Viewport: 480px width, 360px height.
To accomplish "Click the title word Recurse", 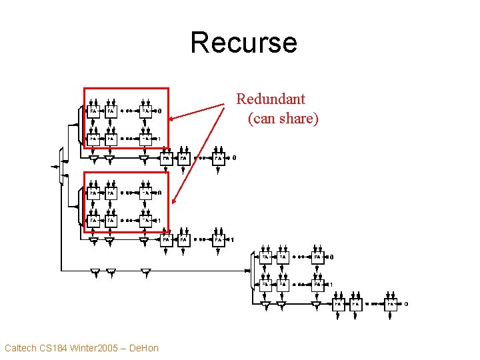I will [x=243, y=42].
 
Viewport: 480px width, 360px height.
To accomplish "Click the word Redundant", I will [x=271, y=99].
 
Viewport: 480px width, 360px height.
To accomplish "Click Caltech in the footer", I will [x=21, y=347].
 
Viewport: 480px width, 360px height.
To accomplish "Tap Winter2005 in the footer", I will [x=100, y=347].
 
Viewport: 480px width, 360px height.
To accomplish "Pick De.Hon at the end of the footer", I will [x=144, y=347].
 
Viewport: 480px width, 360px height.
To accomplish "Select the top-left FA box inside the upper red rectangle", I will [x=94, y=110].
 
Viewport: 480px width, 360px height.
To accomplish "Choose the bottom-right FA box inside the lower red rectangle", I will [x=145, y=220].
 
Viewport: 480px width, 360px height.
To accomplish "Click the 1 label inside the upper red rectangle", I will [x=158, y=139].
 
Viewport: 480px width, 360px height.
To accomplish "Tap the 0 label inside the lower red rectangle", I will [x=158, y=193].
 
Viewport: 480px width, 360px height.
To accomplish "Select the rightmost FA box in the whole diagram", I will [x=391, y=304].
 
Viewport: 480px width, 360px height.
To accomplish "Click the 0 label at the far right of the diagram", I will [x=406, y=304].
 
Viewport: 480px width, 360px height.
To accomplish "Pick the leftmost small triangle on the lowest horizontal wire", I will [x=95, y=271].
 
